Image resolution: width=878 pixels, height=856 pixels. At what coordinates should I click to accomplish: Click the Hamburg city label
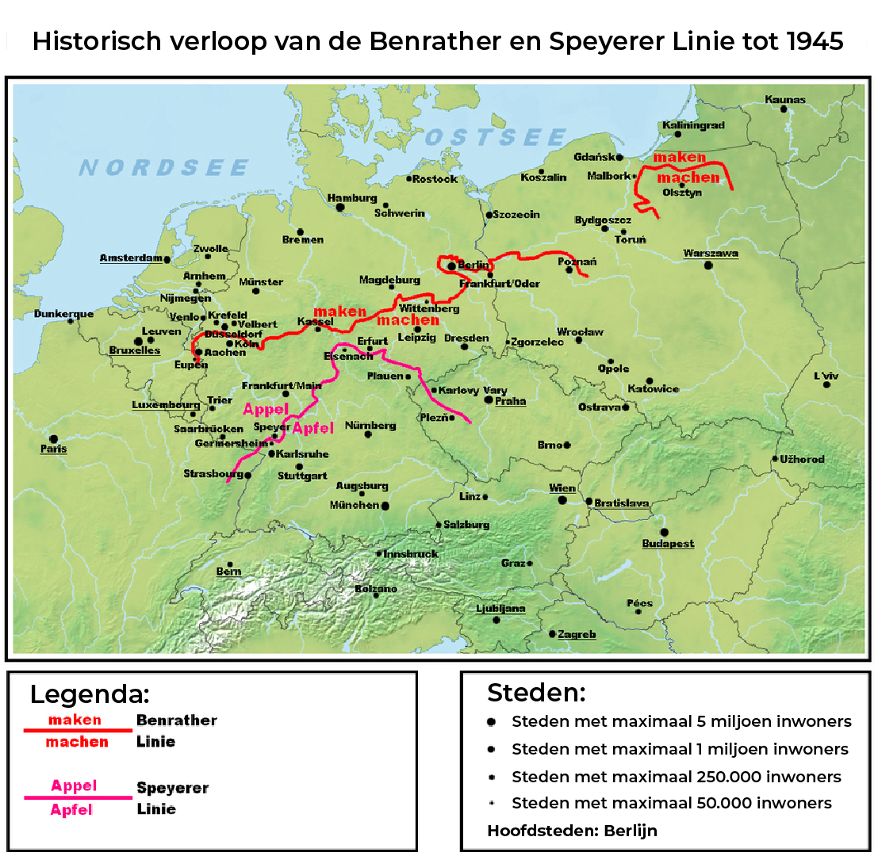351,198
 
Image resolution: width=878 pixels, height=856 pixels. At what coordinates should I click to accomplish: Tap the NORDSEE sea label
164,168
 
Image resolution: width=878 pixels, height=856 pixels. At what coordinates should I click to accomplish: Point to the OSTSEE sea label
496,138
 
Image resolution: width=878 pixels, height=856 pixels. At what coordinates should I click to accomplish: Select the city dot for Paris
53,438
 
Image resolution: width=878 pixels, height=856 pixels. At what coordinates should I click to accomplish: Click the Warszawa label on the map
710,254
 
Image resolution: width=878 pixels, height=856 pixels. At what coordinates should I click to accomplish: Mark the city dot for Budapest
664,532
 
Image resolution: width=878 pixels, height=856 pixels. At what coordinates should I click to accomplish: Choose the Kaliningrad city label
692,125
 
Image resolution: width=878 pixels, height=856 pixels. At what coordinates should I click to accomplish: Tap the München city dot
385,506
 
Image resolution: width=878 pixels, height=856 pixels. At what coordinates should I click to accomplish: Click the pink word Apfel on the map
313,429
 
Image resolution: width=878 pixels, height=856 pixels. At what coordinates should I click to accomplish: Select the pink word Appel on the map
264,410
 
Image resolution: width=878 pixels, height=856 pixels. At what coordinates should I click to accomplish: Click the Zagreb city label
577,635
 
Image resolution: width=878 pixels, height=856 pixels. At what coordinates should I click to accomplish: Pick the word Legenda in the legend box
89,694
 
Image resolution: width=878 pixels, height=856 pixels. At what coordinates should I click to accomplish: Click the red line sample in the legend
78,730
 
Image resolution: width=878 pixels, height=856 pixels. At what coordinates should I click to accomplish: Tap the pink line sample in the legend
78,797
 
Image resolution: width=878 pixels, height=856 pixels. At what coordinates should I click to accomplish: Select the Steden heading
535,693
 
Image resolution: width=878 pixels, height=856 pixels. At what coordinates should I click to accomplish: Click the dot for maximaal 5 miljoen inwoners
492,722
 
